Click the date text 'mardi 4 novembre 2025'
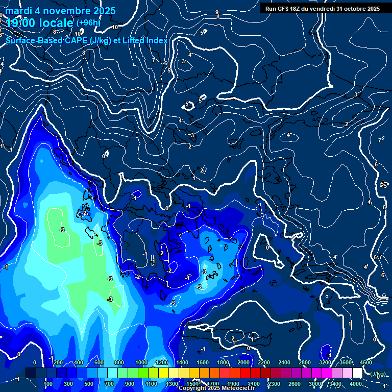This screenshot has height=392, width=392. [60, 11]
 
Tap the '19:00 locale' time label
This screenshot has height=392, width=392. [40, 23]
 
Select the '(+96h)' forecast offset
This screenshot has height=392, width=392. [88, 22]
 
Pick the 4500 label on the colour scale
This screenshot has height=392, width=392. [366, 362]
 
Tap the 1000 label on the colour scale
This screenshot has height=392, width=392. [141, 362]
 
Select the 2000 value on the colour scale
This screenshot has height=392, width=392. [243, 362]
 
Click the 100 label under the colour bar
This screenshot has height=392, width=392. [48, 384]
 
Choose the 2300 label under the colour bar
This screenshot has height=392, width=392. [274, 384]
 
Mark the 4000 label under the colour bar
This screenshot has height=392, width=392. [355, 384]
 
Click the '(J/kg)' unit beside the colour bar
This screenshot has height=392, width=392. [377, 374]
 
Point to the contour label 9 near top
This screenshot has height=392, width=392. [217, 12]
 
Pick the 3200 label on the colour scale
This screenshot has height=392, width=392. [325, 362]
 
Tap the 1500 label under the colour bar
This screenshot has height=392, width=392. [192, 384]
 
